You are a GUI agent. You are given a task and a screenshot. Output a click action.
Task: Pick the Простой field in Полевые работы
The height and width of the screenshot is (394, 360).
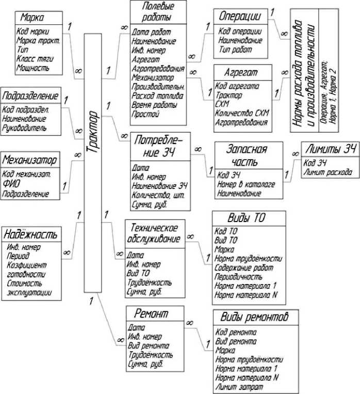tap(145, 114)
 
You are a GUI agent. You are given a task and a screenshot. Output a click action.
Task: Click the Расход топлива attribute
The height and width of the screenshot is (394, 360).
tap(156, 95)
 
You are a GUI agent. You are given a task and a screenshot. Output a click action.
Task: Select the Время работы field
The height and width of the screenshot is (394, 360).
tap(153, 104)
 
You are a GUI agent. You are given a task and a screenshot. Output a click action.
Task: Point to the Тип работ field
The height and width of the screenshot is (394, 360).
tap(235, 50)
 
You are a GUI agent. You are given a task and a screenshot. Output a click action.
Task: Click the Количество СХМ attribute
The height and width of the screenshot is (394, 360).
tap(242, 113)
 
